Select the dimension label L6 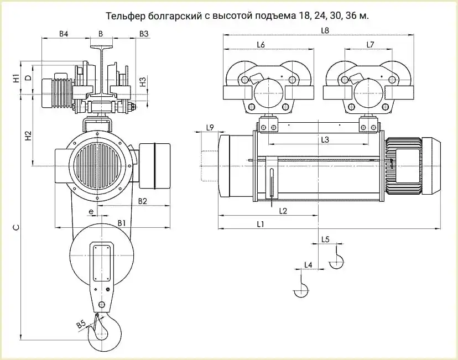pyautogui.click(x=261, y=44)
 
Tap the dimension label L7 pyautogui.click(x=370, y=44)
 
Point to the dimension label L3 pyautogui.click(x=325, y=140)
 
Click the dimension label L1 pyautogui.click(x=259, y=224)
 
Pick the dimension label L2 pyautogui.click(x=283, y=211)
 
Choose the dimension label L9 pyautogui.click(x=210, y=128)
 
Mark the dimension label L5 pyautogui.click(x=325, y=239)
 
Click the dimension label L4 pyautogui.click(x=308, y=265)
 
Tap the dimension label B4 pyautogui.click(x=64, y=34)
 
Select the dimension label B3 pyautogui.click(x=144, y=34)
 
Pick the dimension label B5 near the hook pyautogui.click(x=81, y=325)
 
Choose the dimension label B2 pyautogui.click(x=142, y=201)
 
